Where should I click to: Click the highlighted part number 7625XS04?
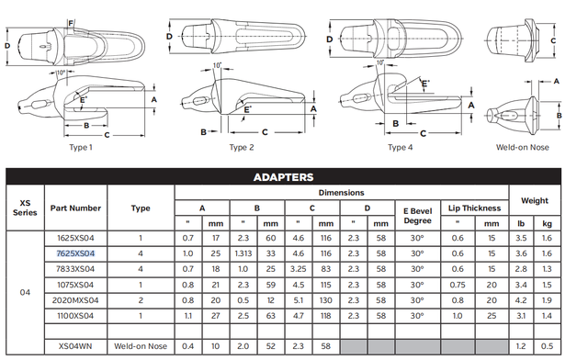[x=75, y=253]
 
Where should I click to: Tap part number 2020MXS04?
[x=75, y=298]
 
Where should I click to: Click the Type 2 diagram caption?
[x=242, y=147]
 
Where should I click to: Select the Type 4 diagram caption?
[x=400, y=147]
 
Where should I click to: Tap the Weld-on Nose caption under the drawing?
[x=521, y=147]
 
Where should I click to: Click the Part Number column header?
[x=75, y=208]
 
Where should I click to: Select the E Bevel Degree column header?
[x=417, y=214]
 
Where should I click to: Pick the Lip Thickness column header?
[x=474, y=208]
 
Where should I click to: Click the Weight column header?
[x=534, y=200]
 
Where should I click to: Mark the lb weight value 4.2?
[x=521, y=298]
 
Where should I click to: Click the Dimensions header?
[x=341, y=193]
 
